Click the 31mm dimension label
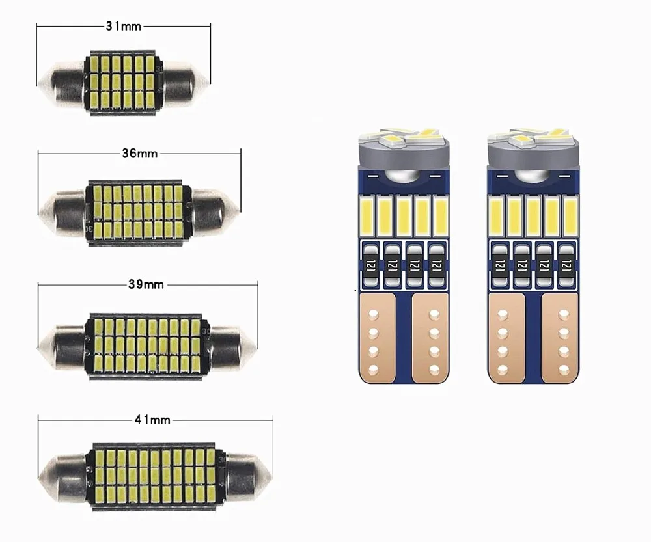[x=124, y=26]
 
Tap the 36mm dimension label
[x=138, y=154]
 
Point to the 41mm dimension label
[x=152, y=420]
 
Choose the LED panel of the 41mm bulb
[x=155, y=471]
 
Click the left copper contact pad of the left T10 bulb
[x=376, y=338]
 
